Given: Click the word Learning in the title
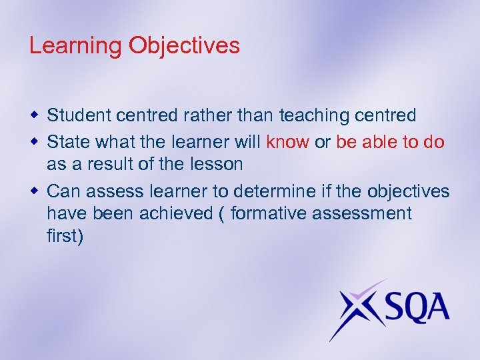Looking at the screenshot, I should point(75,46).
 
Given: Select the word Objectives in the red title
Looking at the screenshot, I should point(184,46).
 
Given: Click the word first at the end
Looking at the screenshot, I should point(65,237).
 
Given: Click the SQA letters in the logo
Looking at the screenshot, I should point(409,308).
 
